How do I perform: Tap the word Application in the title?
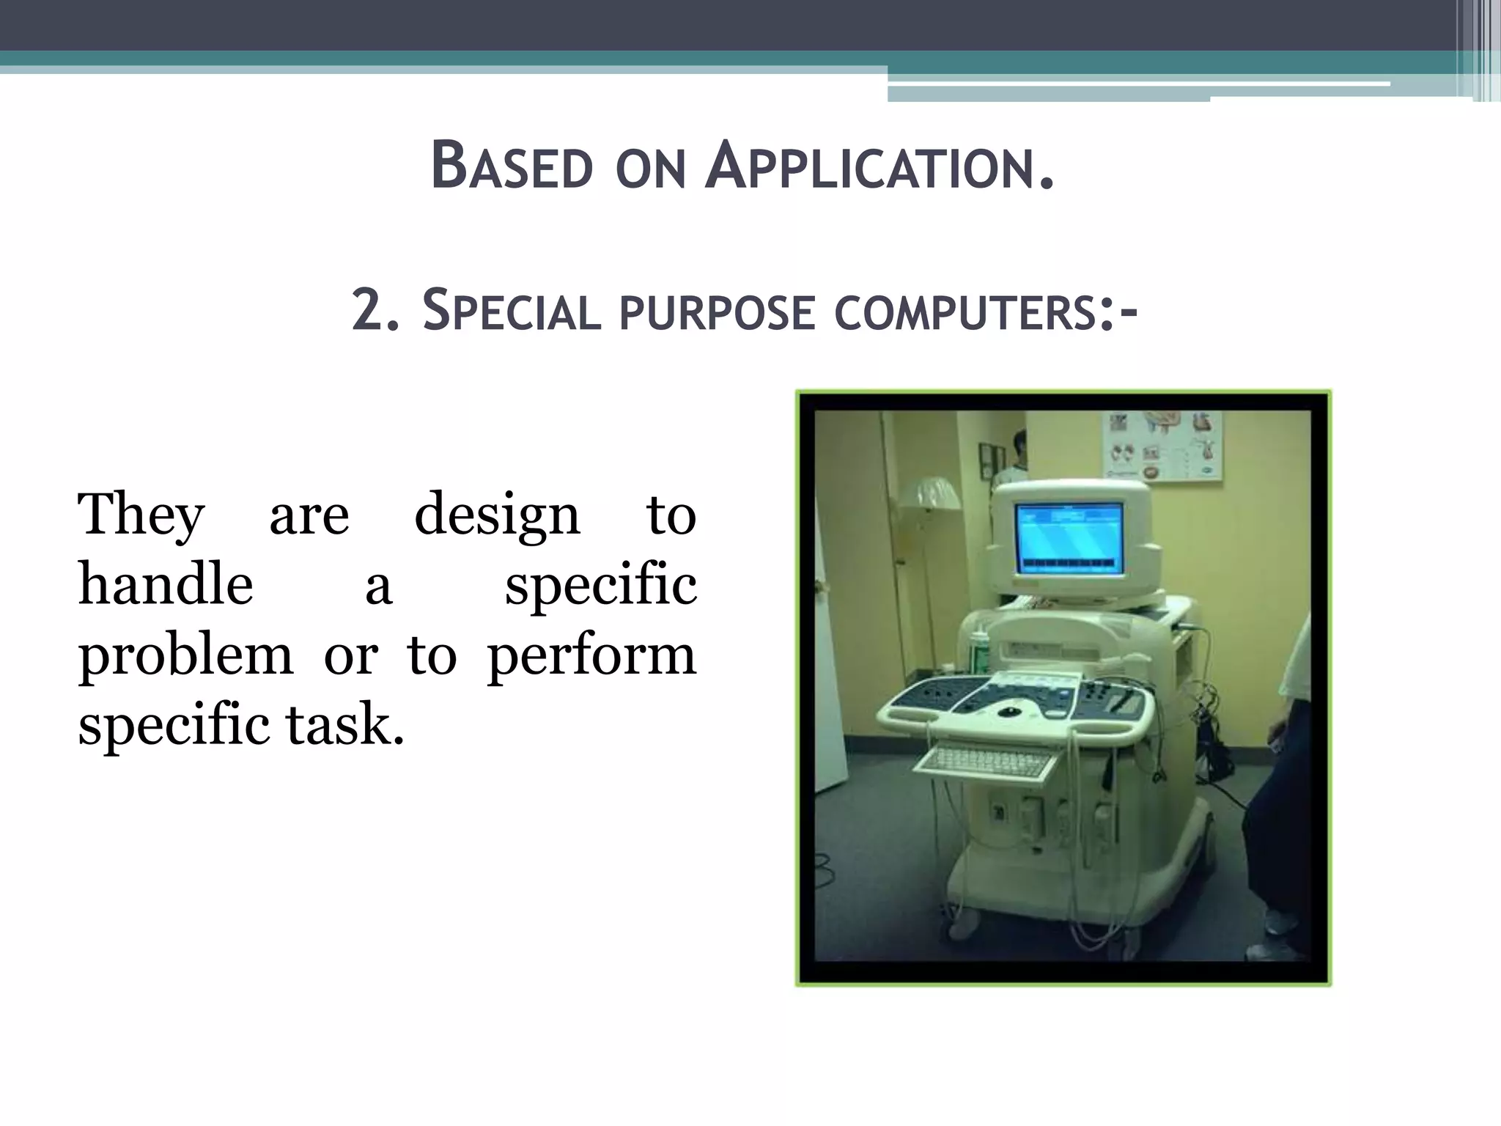click(879, 166)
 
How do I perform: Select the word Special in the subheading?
click(512, 311)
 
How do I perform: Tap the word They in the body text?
click(141, 516)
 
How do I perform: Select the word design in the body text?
click(497, 516)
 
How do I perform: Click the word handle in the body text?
click(166, 585)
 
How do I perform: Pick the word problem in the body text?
click(185, 655)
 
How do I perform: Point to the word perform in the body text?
click(591, 655)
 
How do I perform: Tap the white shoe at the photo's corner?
click(1276, 951)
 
